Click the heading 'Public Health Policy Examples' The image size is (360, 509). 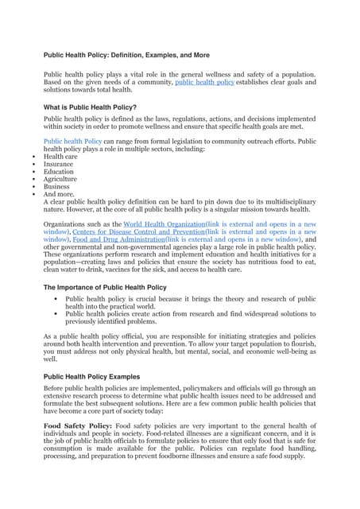[x=91, y=376]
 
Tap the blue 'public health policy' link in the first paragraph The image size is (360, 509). [x=204, y=82]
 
